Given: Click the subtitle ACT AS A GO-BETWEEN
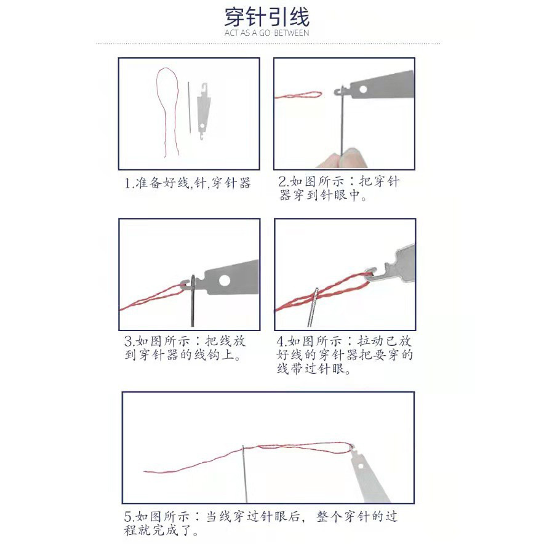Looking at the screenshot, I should click(267, 33).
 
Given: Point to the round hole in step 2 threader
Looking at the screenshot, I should click(363, 90).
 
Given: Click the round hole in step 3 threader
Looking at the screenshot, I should click(225, 281).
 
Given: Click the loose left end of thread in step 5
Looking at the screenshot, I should click(148, 472).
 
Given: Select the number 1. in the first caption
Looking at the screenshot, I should click(129, 183).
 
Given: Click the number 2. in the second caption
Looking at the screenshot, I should click(283, 182).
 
